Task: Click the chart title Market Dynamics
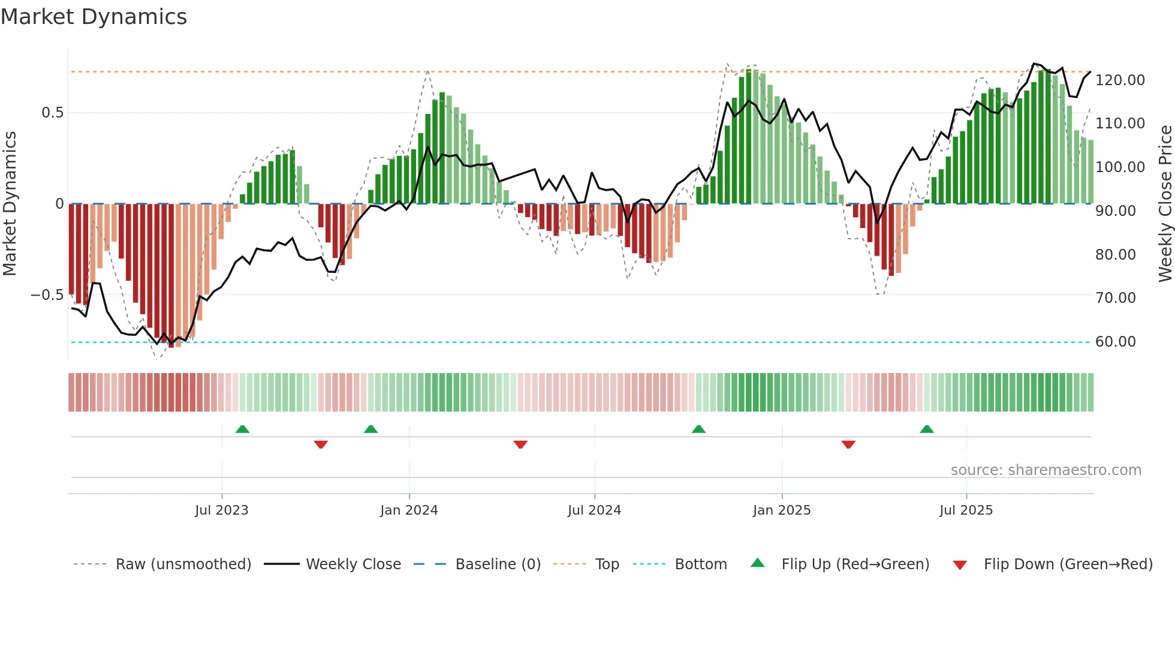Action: pos(94,17)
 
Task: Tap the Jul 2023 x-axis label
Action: pos(221,510)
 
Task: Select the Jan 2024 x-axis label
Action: pos(409,510)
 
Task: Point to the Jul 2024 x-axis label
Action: pos(594,510)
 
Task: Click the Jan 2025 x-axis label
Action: pos(782,510)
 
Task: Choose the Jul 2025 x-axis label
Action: pos(966,510)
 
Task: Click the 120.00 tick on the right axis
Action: pos(1120,80)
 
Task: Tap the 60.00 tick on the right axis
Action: pos(1115,342)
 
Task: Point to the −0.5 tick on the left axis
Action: pos(47,295)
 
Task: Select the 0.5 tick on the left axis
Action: pos(52,113)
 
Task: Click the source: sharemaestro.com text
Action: pos(1046,470)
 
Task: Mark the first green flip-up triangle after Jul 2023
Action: pos(242,429)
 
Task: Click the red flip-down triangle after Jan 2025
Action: pos(848,444)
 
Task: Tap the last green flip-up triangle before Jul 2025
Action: pos(927,429)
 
